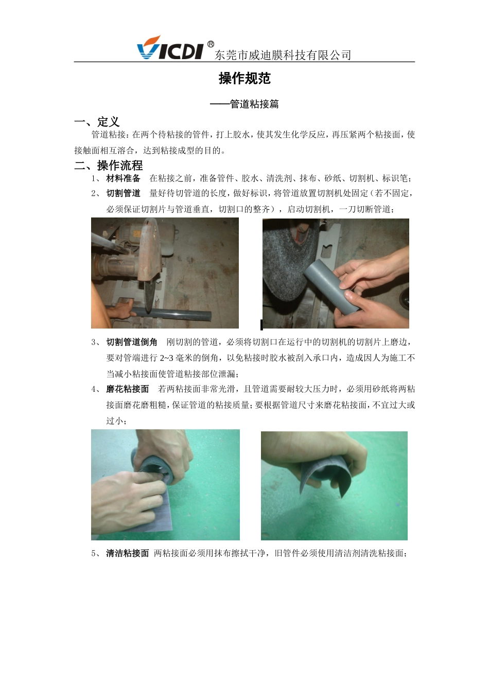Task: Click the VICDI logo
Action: click(170, 48)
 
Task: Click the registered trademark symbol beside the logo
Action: click(211, 44)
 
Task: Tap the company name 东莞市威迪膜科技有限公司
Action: click(283, 55)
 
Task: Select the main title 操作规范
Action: click(244, 79)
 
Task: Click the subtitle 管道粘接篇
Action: click(254, 104)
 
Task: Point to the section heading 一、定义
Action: click(97, 122)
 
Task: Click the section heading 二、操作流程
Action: click(109, 166)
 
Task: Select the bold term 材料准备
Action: click(123, 178)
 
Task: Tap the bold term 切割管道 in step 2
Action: click(123, 193)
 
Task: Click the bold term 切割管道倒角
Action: click(132, 342)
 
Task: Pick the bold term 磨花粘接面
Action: click(128, 389)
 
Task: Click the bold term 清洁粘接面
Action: click(128, 553)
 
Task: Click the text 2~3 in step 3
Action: click(167, 358)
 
